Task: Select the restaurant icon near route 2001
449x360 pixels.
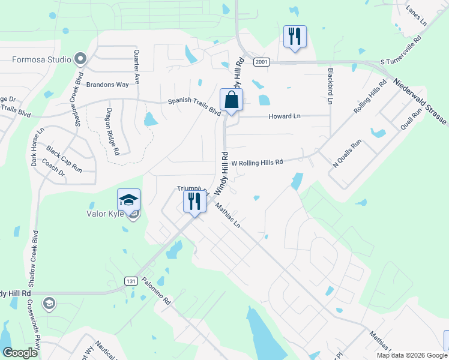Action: pyautogui.click(x=295, y=37)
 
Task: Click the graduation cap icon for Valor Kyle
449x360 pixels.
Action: pyautogui.click(x=128, y=200)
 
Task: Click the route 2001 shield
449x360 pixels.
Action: pyautogui.click(x=261, y=62)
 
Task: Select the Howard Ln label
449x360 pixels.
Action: pyautogui.click(x=285, y=116)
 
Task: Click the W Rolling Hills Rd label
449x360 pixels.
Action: pyautogui.click(x=257, y=162)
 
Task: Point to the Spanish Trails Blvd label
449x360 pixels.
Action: pyautogui.click(x=194, y=106)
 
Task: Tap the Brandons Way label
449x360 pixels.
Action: pyautogui.click(x=107, y=85)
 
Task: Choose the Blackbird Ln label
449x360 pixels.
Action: pyautogui.click(x=330, y=86)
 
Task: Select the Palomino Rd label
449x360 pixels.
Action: pyautogui.click(x=157, y=292)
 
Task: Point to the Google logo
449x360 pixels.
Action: pyautogui.click(x=20, y=353)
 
